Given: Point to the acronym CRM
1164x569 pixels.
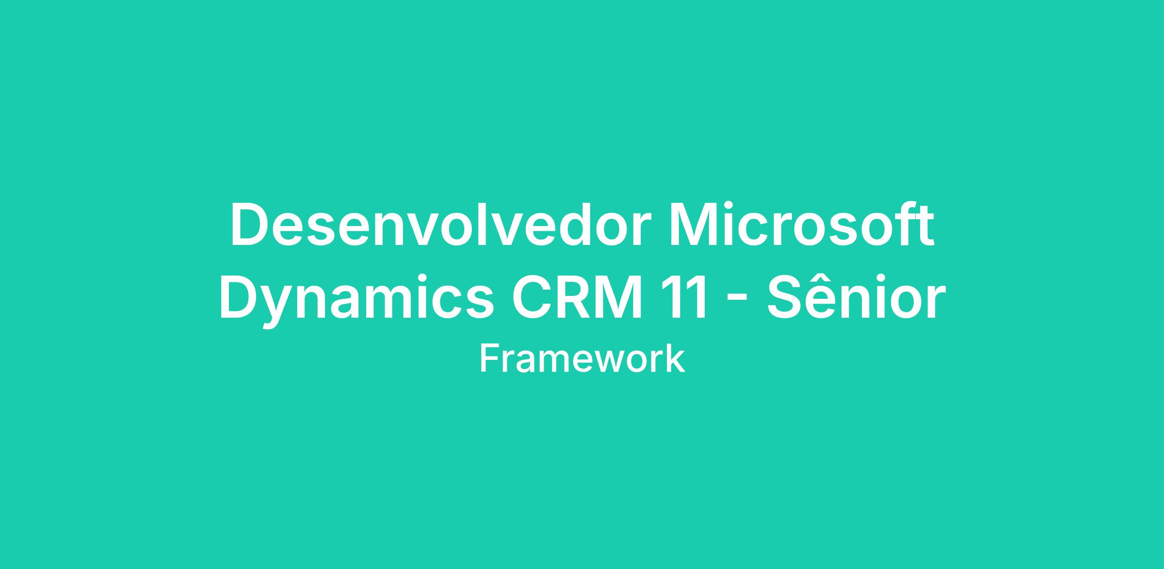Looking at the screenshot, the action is [x=581, y=298].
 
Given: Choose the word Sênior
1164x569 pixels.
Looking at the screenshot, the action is [x=856, y=296].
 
